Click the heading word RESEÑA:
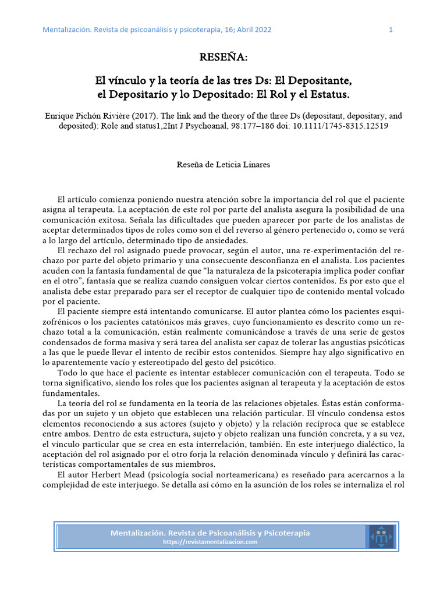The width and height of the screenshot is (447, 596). point(223,58)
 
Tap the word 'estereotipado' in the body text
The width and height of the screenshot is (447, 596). point(169,362)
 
